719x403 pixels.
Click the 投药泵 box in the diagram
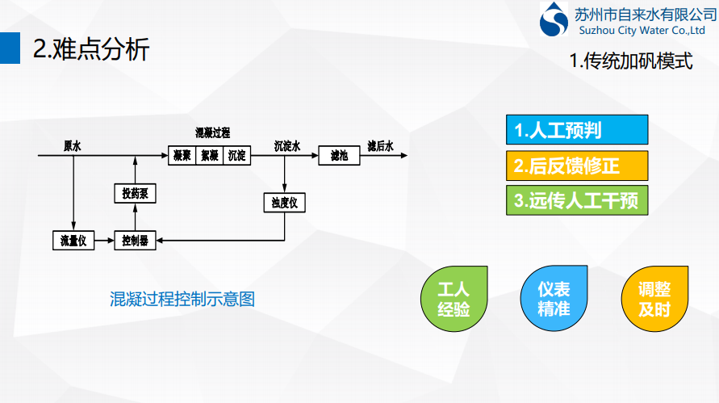[x=135, y=194]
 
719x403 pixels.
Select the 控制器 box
[x=135, y=240]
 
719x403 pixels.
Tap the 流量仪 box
[x=73, y=240]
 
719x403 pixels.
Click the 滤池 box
[x=339, y=155]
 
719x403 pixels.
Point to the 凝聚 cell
[x=182, y=155]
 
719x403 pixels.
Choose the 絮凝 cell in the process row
[x=210, y=155]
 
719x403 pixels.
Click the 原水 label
[x=72, y=146]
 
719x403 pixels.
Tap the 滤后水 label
[x=380, y=146]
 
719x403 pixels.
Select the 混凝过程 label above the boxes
[x=212, y=133]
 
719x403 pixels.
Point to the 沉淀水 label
[x=286, y=146]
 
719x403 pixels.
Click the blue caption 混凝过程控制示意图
[x=182, y=299]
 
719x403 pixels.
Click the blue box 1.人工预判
[x=576, y=130]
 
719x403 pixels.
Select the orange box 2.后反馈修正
[x=576, y=166]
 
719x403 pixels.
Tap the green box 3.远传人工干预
[x=576, y=200]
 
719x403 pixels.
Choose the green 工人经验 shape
[x=454, y=299]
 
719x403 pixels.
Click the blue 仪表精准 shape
[x=554, y=299]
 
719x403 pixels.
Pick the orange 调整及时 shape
[x=654, y=299]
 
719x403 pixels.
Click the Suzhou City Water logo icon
[x=554, y=19]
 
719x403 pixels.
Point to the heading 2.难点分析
[x=91, y=49]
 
